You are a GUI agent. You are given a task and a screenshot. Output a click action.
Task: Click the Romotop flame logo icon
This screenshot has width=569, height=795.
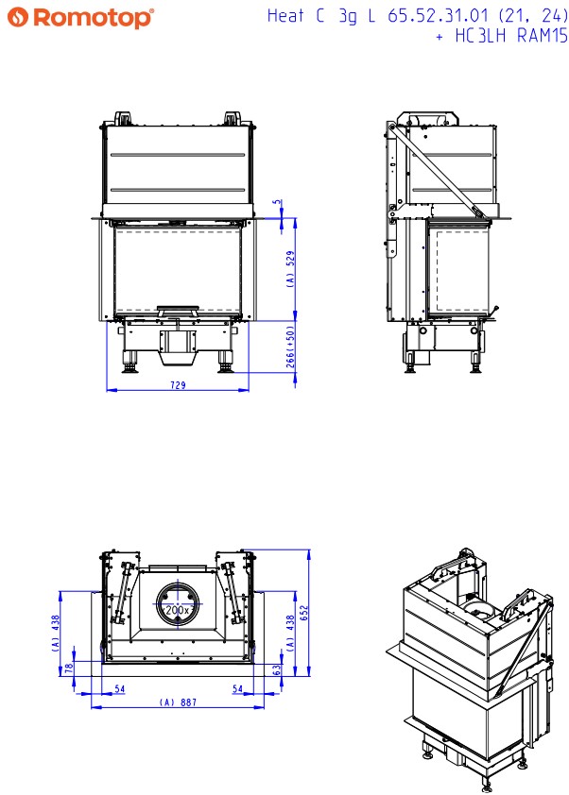pyautogui.click(x=17, y=17)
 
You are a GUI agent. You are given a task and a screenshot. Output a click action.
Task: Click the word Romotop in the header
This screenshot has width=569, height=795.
pyautogui.click(x=92, y=18)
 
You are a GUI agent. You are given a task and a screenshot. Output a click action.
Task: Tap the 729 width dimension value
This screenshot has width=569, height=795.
pyautogui.click(x=178, y=385)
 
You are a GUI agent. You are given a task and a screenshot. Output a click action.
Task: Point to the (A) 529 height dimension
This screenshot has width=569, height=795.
pyautogui.click(x=290, y=269)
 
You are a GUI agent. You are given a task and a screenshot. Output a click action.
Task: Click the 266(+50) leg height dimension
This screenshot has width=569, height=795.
pyautogui.click(x=290, y=347)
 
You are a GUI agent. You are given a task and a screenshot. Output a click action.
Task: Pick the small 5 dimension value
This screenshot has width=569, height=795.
pyautogui.click(x=277, y=202)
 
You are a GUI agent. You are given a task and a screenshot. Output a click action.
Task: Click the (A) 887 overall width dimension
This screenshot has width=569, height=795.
pyautogui.click(x=178, y=702)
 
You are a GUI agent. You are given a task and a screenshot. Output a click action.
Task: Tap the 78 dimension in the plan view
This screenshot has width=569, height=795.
pyautogui.click(x=69, y=668)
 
